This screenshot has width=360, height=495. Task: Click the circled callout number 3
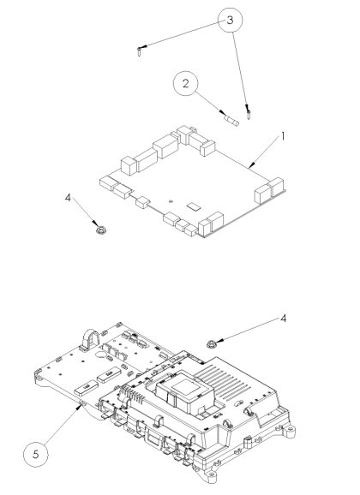pyautogui.click(x=230, y=20)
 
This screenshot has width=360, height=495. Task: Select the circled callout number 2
pyautogui.click(x=185, y=83)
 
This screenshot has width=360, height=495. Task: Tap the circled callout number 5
pyautogui.click(x=36, y=454)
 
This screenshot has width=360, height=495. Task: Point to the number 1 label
pyautogui.click(x=283, y=136)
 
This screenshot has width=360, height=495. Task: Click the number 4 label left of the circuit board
pyautogui.click(x=68, y=198)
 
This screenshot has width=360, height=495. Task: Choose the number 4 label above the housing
pyautogui.click(x=284, y=319)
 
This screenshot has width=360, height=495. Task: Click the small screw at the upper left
pyautogui.click(x=140, y=51)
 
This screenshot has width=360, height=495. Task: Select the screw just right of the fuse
pyautogui.click(x=249, y=114)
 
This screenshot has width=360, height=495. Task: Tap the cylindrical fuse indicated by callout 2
pyautogui.click(x=231, y=121)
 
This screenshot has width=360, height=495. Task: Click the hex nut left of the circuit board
pyautogui.click(x=101, y=230)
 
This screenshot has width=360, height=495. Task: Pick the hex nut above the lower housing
pyautogui.click(x=211, y=343)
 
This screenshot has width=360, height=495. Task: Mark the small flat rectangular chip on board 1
pyautogui.click(x=194, y=206)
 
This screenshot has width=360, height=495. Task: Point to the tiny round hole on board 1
pyautogui.click(x=171, y=200)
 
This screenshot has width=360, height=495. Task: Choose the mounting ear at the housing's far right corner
pyautogui.click(x=290, y=431)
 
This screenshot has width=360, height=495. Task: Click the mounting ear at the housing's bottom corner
pyautogui.click(x=210, y=474)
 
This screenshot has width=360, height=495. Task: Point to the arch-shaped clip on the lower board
pyautogui.click(x=91, y=340)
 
